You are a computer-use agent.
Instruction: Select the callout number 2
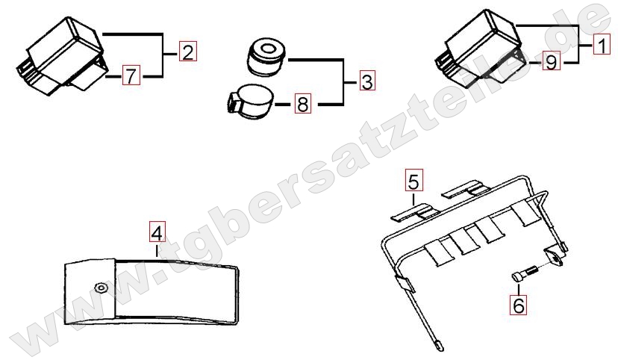click(188, 52)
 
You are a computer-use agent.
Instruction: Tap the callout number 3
click(367, 81)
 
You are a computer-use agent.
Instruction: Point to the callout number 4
click(157, 232)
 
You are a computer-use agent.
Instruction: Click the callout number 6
click(518, 305)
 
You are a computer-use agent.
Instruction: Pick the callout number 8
click(303, 104)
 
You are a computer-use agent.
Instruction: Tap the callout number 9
click(552, 61)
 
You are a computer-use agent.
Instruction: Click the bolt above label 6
click(525, 273)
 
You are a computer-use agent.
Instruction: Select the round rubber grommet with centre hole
click(266, 56)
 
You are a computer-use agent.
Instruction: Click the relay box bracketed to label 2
click(62, 56)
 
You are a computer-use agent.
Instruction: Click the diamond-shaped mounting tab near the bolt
click(554, 256)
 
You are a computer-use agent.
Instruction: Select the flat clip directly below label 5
click(415, 211)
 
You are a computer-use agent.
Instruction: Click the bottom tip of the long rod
click(441, 349)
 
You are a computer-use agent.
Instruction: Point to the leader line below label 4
click(157, 251)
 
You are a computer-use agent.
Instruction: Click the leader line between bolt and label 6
click(519, 288)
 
